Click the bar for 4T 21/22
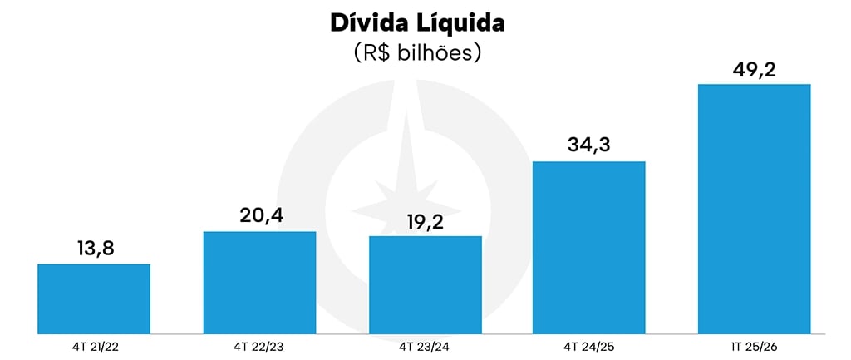[94, 298]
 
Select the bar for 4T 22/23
[259, 283]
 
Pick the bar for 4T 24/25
[588, 247]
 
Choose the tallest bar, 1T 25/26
[754, 209]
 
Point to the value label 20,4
[259, 215]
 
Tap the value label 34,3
[588, 145]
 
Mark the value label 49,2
[754, 68]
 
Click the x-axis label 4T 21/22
[94, 345]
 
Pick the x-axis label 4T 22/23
[259, 345]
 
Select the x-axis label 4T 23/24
[425, 345]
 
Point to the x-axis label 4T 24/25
[588, 345]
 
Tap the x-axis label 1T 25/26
[754, 345]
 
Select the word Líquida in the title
[465, 22]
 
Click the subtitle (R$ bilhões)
[418, 53]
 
